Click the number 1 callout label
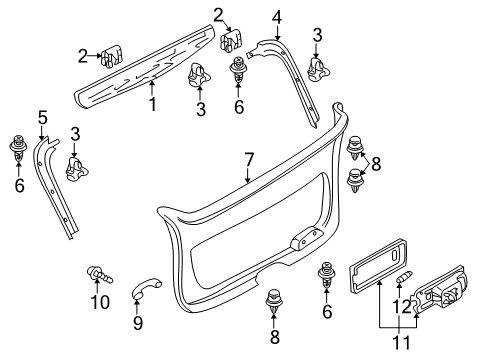(152, 104)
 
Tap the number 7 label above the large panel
(249, 160)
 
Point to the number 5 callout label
(43, 117)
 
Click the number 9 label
(138, 322)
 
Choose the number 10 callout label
(100, 302)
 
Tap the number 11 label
(401, 342)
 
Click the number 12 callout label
(402, 307)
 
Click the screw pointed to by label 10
(99, 274)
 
